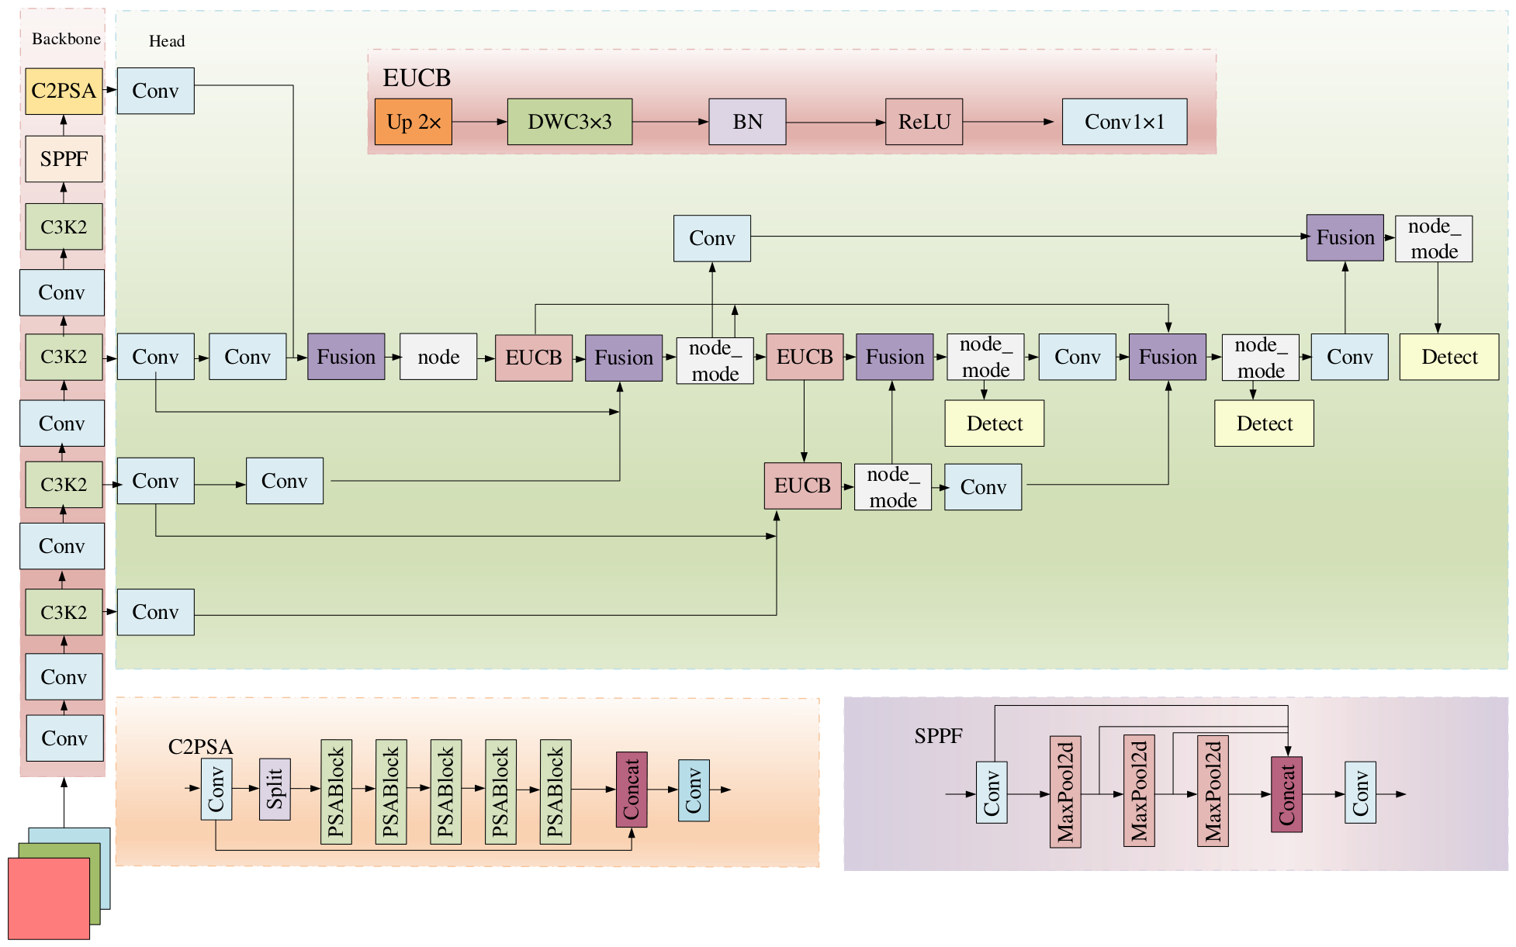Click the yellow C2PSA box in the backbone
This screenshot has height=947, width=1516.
64,91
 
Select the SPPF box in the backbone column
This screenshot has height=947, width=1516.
64,159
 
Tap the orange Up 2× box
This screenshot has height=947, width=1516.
414,122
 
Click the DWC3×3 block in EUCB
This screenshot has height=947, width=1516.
569,122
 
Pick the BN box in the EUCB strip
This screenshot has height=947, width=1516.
747,122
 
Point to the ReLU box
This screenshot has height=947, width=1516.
924,122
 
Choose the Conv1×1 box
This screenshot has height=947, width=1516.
1124,122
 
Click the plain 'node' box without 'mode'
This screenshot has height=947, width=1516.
438,357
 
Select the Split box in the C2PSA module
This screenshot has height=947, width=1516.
275,789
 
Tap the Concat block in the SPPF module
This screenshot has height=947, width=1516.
1286,794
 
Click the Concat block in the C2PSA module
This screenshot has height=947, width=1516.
632,790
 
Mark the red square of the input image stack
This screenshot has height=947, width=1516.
49,898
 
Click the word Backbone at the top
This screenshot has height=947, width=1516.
66,39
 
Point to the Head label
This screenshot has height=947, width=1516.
167,41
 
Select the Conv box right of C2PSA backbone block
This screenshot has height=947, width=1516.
156,91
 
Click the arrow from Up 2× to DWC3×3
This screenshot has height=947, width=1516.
479,122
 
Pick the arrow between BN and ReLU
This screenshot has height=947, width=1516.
836,123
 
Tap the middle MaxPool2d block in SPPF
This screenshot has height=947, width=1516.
1139,791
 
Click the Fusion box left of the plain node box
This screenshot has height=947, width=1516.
346,357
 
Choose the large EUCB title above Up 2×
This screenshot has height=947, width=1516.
417,78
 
